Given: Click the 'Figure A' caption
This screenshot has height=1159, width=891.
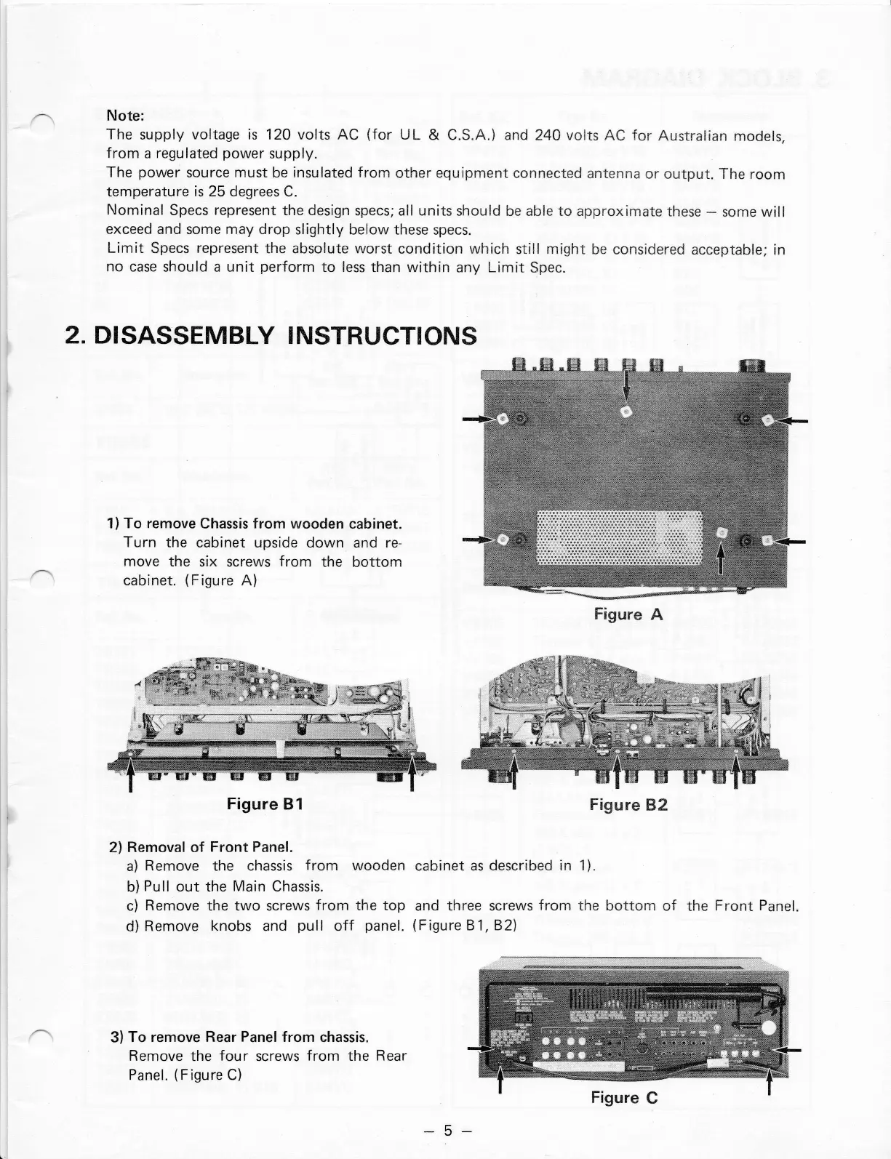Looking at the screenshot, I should [628, 614].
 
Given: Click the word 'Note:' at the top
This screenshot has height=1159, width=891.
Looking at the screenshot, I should [127, 116].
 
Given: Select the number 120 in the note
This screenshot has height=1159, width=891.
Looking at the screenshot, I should [279, 135].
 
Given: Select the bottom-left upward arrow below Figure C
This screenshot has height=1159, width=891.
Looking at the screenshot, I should [500, 1080].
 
